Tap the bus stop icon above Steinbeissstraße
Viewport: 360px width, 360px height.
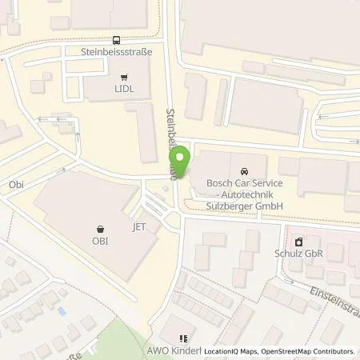[117, 39]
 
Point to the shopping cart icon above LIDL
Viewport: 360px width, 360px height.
[123, 77]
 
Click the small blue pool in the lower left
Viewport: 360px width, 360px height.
[61, 309]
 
